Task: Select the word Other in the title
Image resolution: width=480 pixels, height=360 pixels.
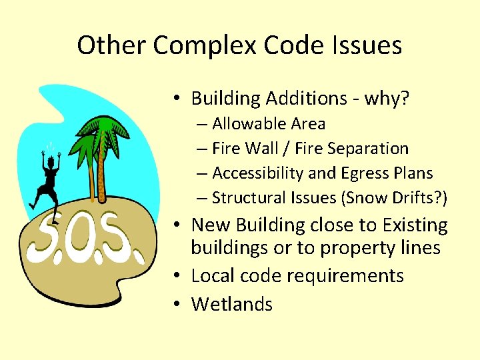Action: [111, 46]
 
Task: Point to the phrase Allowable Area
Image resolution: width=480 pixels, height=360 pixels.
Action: [269, 124]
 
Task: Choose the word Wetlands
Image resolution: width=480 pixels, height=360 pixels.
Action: [232, 304]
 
